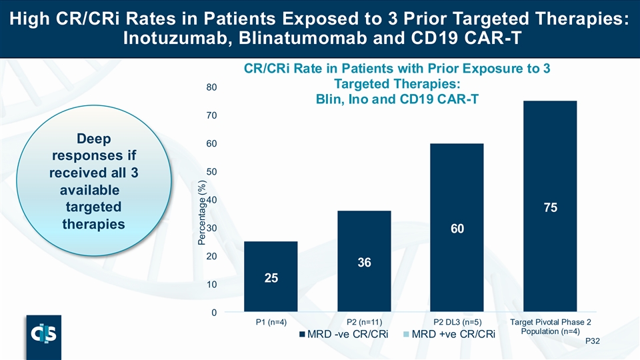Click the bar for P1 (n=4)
tap(270, 277)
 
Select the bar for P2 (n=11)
tap(363, 261)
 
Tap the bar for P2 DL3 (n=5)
tap(457, 227)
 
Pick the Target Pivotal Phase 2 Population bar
tap(550, 207)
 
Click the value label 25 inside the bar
tap(270, 277)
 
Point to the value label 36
tap(363, 263)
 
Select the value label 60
tap(457, 229)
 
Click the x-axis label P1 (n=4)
tap(270, 323)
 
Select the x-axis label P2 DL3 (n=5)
tap(457, 323)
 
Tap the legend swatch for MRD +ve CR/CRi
tap(406, 334)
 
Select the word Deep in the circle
tap(93, 140)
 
